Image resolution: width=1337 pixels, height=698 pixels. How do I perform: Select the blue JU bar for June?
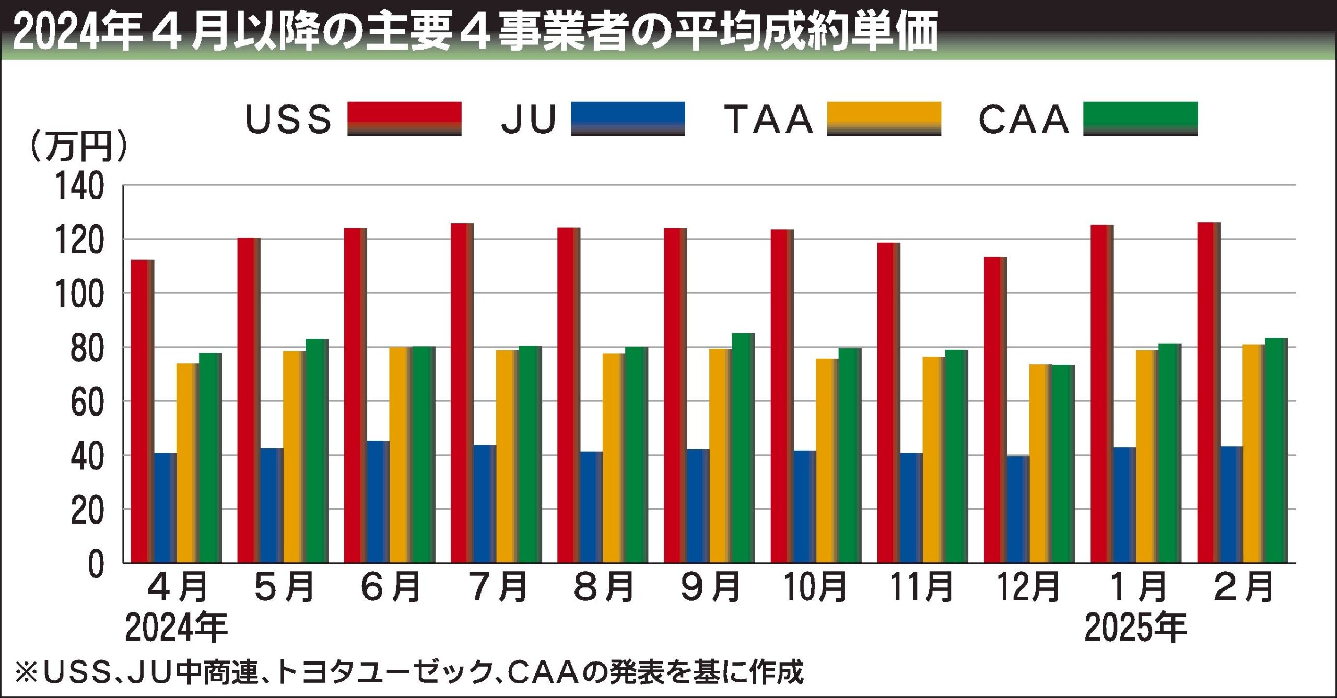pos(378,502)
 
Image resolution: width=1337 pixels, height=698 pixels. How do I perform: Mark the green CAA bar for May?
pos(316,451)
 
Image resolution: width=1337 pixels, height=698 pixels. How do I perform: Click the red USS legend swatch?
pos(404,119)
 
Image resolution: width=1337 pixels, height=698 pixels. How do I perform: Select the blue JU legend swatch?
pos(628,119)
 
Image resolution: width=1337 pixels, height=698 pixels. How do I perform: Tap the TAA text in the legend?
pos(768,120)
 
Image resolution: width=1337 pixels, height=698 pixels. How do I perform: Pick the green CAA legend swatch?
pos(1140,119)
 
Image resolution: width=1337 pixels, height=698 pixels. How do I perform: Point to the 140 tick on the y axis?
pos(80,186)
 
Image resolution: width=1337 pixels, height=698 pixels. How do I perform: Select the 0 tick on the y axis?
pos(96,564)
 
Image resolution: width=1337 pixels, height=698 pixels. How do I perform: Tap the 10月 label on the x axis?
pos(815,587)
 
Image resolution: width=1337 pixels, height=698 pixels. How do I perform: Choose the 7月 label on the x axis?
pos(498,587)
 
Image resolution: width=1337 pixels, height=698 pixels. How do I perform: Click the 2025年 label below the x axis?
pos(1135,628)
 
